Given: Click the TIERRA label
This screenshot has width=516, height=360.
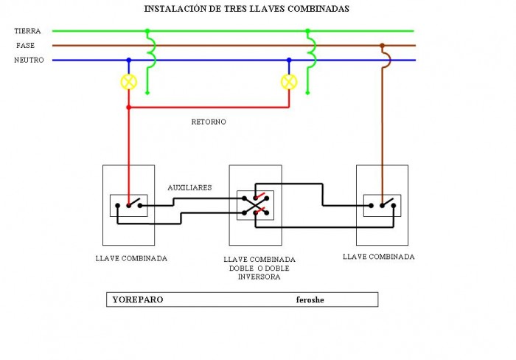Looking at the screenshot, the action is coord(27,31).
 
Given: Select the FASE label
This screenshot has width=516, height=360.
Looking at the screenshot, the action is coord(25,46).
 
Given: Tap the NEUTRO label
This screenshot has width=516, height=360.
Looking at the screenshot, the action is coord(29,60).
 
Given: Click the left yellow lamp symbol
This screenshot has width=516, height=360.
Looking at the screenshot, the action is coord(129,82).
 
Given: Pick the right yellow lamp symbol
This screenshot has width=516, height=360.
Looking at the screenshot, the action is coord(289,82).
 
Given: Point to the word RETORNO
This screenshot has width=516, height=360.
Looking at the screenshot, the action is coord(209,122).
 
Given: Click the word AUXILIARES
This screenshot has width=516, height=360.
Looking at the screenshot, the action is coord(189,187).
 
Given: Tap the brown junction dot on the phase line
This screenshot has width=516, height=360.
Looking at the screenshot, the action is coord(382,46).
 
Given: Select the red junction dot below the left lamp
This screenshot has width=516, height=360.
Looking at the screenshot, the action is coord(129,108).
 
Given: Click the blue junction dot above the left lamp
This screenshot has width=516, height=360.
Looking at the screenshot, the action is coord(129,60).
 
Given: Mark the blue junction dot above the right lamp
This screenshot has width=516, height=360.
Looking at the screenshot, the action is coord(289,60).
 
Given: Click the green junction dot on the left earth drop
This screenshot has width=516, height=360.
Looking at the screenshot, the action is coord(147,31).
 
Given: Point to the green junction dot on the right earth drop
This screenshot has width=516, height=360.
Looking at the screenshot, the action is coord(307,31).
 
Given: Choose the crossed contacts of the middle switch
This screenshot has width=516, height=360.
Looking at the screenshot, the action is coord(255,206).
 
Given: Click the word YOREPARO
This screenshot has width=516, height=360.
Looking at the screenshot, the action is coord(138,300).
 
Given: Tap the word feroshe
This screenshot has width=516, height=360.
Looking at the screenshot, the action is coord(310,300).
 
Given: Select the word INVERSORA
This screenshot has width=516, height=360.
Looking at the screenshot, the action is coord(259,277).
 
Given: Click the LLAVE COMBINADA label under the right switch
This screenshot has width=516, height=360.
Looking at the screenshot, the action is coord(379,257).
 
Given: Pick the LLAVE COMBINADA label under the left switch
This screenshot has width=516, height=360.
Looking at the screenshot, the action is coord(131,258).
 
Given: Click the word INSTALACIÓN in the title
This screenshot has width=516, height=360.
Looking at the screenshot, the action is coord(175,9).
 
